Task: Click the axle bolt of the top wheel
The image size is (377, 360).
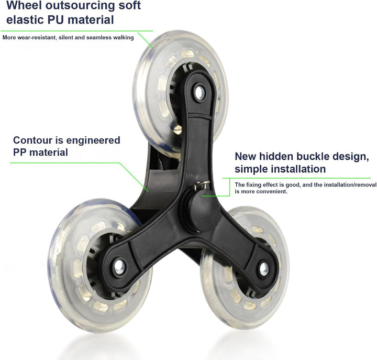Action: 199,92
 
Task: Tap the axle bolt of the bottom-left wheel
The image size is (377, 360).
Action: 119,267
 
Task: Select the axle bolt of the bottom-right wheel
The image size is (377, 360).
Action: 264,269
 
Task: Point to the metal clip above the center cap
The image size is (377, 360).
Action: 202,185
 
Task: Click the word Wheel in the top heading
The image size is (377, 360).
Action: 24,5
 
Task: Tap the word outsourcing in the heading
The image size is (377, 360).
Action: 80,6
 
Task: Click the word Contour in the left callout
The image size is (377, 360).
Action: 32,140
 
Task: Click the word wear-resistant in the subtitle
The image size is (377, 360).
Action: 36,38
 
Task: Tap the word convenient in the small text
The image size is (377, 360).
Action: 274,192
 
